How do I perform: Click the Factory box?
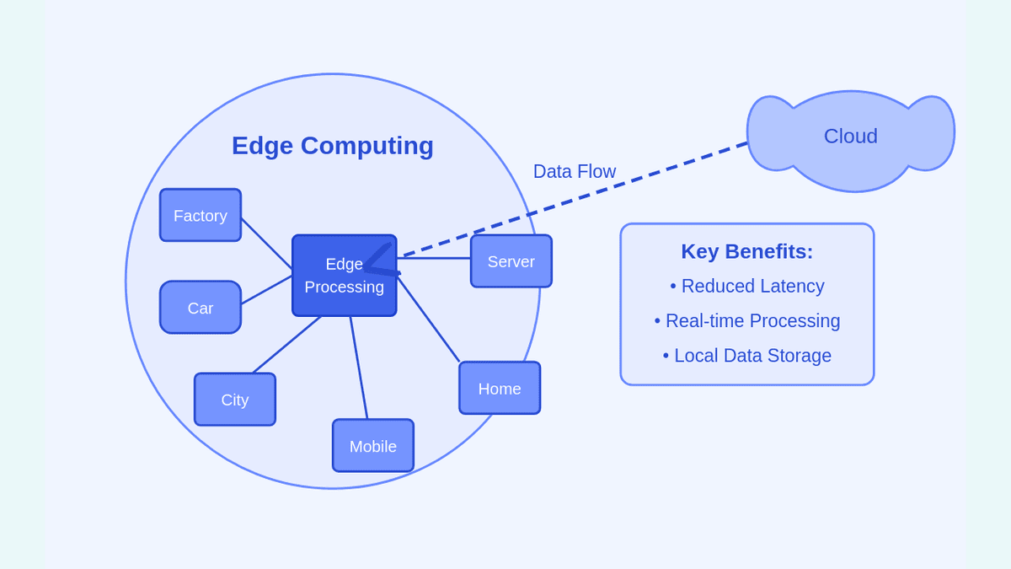[x=201, y=215]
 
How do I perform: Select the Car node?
[x=201, y=308]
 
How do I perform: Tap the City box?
[x=235, y=400]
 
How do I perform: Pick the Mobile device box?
[x=373, y=446]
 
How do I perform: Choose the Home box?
[x=500, y=389]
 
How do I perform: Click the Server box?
[x=511, y=261]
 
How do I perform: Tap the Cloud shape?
[x=851, y=137]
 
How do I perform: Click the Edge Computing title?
[x=333, y=146]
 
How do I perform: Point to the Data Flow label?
[x=575, y=171]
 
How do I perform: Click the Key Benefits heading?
[x=747, y=251]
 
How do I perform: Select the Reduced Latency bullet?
[x=747, y=286]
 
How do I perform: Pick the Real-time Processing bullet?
[x=747, y=320]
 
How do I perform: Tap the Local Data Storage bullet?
[x=747, y=355]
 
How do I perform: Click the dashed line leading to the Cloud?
[x=590, y=195]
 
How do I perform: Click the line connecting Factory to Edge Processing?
[x=266, y=244]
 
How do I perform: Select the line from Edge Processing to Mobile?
[x=359, y=368]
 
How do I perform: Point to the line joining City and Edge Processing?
[x=286, y=345]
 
